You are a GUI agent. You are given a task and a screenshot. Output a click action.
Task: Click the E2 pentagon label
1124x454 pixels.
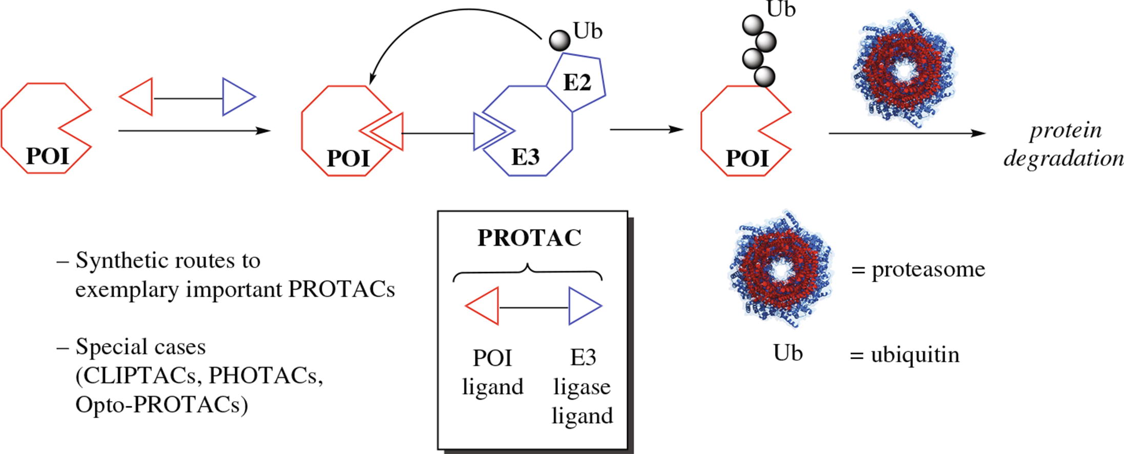(577, 82)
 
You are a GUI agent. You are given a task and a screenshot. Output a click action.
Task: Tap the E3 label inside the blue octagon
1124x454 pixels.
(525, 157)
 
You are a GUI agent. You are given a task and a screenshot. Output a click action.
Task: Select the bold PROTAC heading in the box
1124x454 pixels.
(529, 238)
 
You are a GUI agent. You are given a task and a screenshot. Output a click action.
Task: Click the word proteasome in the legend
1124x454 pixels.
(928, 270)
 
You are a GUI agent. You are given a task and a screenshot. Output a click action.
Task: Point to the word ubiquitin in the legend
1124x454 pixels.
(915, 355)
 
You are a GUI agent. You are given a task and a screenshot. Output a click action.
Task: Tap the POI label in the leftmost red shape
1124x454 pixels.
(47, 156)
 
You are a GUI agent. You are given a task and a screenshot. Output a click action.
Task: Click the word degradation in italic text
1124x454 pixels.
(1064, 159)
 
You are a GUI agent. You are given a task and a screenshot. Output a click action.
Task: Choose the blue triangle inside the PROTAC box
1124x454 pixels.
(583, 306)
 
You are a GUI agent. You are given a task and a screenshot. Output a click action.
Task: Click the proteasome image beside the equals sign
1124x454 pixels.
(780, 269)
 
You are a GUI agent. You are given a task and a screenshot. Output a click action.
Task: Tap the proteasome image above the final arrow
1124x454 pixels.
(904, 69)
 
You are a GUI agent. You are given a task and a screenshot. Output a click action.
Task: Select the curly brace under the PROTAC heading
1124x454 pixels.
(528, 272)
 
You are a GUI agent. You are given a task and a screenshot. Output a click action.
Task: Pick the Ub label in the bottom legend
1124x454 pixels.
(788, 354)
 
